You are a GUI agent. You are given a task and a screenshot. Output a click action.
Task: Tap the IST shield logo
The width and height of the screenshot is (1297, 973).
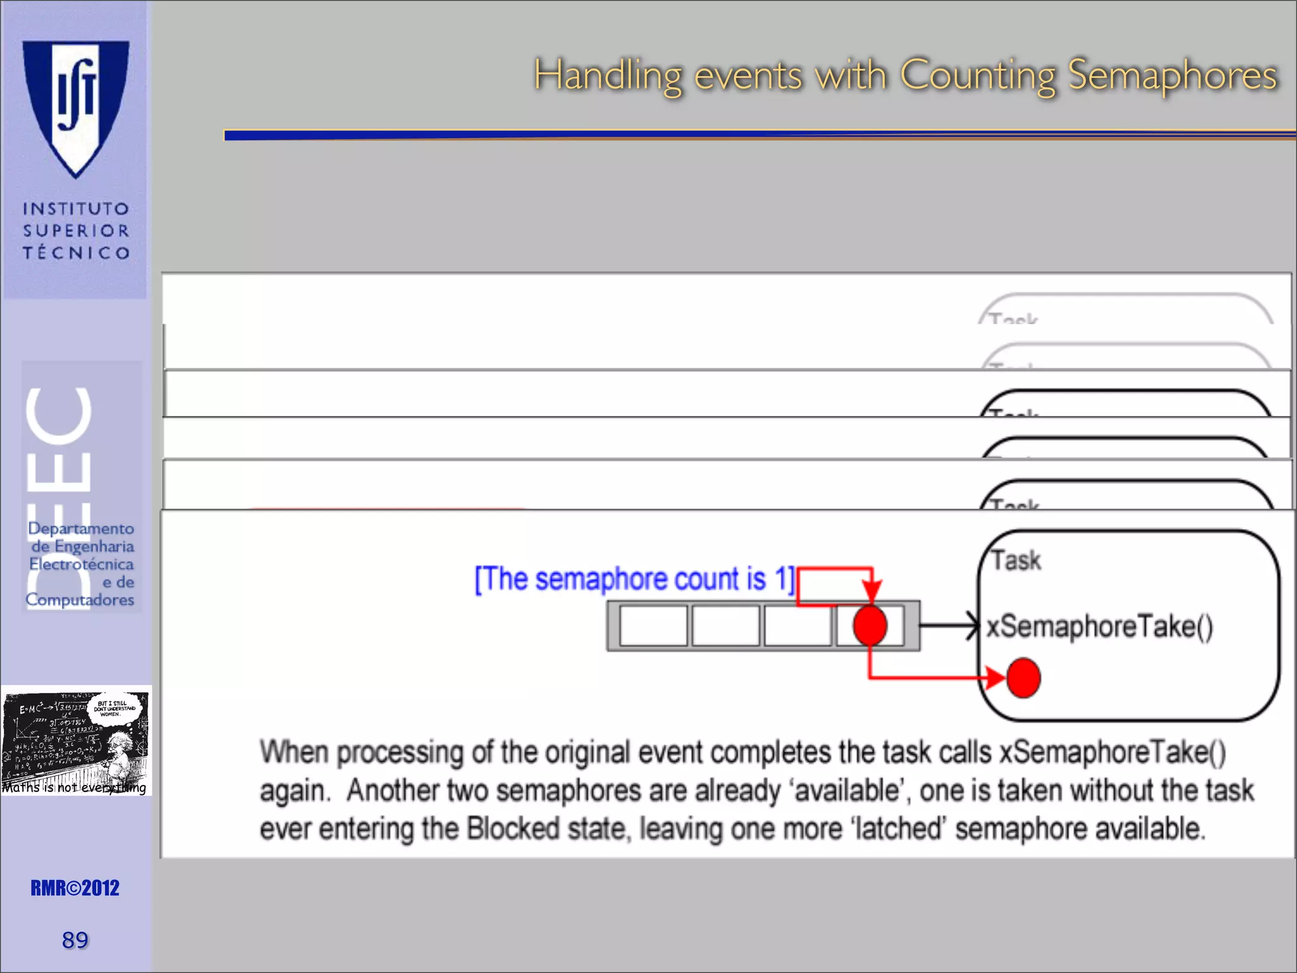[76, 108]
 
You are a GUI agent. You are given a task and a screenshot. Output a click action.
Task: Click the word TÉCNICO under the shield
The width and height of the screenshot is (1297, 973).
[76, 253]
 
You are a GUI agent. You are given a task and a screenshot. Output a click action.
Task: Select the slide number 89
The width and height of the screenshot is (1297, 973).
[75, 940]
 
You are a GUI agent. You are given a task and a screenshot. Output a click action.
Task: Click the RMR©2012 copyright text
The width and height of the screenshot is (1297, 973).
[75, 888]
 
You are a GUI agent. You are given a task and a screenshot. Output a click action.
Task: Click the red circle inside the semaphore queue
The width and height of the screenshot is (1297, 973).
[870, 625]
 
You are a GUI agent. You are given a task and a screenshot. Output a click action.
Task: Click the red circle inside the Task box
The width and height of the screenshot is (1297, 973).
[1023, 678]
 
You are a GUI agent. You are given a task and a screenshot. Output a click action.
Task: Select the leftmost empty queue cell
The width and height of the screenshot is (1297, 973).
[653, 626]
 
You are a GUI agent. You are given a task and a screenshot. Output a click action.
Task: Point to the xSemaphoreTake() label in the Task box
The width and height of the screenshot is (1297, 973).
[1099, 626]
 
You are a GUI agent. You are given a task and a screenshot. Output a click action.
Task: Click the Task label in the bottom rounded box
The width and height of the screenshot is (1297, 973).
[1016, 561]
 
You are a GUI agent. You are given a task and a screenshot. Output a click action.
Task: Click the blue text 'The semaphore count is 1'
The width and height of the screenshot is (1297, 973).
[633, 579]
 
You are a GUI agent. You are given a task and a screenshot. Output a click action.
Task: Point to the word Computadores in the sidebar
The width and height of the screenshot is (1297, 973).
[80, 599]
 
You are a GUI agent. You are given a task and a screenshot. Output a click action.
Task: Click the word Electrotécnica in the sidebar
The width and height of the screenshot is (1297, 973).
[81, 564]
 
